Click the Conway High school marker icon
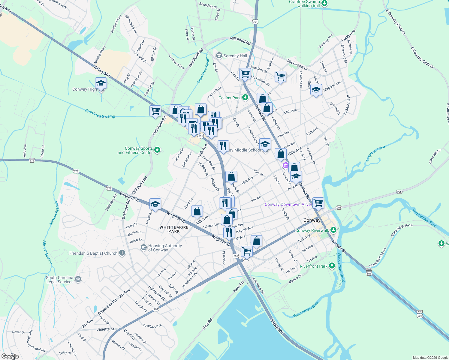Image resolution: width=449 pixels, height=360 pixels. tap(101, 84)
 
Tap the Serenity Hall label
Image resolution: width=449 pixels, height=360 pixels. tap(235, 56)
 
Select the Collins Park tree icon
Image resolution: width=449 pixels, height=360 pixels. tap(245, 97)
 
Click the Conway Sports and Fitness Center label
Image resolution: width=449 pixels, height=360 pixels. tap(135, 150)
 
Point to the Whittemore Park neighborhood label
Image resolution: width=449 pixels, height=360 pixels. tap(174, 229)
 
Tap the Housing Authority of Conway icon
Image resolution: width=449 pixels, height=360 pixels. tap(144, 247)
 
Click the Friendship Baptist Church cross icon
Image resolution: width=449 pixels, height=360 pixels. tap(122, 253)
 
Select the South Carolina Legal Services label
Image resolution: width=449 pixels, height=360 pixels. tap(60, 280)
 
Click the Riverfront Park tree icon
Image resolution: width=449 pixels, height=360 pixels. tap(332, 266)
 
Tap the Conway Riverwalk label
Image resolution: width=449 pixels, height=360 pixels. tap(312, 230)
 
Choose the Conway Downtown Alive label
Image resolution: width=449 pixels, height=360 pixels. tap(288, 204)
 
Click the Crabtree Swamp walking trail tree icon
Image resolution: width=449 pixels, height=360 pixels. tap(324, 3)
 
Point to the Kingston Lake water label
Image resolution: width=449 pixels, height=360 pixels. tap(375, 153)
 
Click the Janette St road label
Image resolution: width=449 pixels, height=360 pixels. tap(105, 329)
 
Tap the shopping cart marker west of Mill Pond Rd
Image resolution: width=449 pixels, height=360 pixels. tap(155, 111)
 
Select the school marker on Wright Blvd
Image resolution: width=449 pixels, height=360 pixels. tap(155, 204)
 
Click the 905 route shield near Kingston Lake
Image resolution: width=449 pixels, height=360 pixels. tap(399, 191)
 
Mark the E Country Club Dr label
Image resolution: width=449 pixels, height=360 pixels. tap(422, 58)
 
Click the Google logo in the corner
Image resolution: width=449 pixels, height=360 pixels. tap(10, 356)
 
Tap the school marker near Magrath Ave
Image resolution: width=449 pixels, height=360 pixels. tap(316, 90)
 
